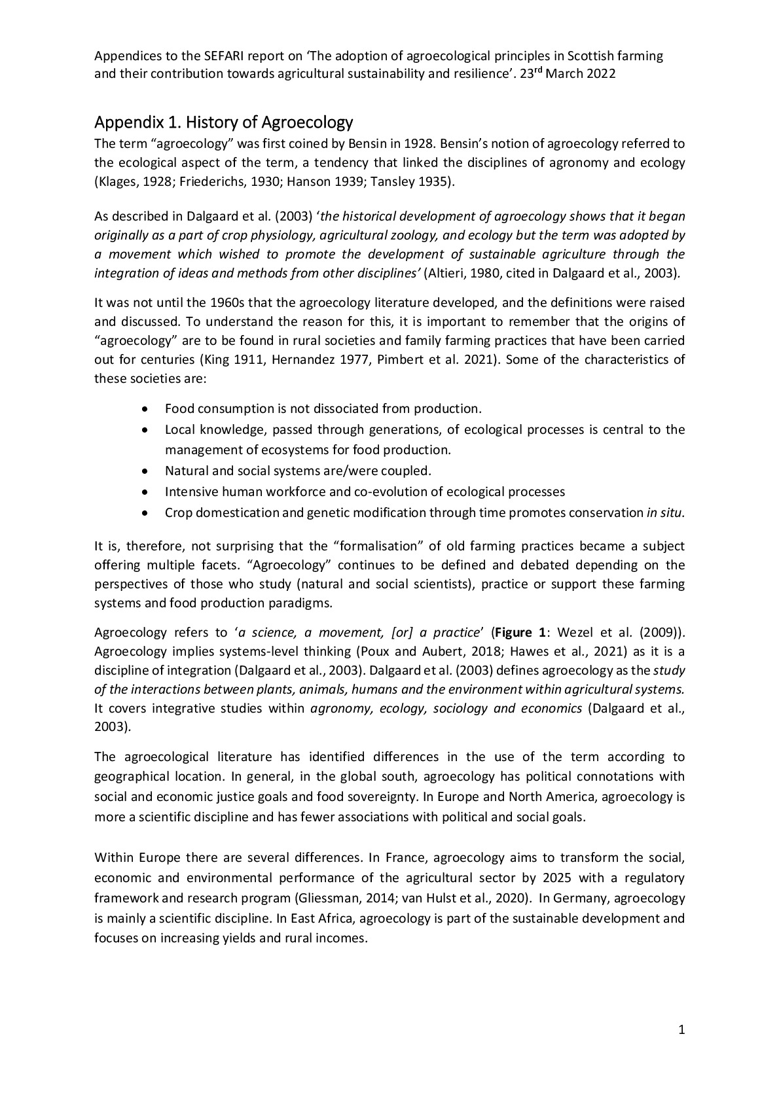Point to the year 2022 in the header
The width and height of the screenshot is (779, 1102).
pyautogui.click(x=600, y=74)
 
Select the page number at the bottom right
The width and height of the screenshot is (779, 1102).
pyautogui.click(x=681, y=1031)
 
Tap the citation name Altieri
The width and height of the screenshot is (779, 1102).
pyautogui.click(x=448, y=273)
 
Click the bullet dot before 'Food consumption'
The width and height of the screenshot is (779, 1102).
pyautogui.click(x=145, y=409)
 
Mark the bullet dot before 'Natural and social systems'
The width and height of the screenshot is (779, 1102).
pyautogui.click(x=145, y=471)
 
